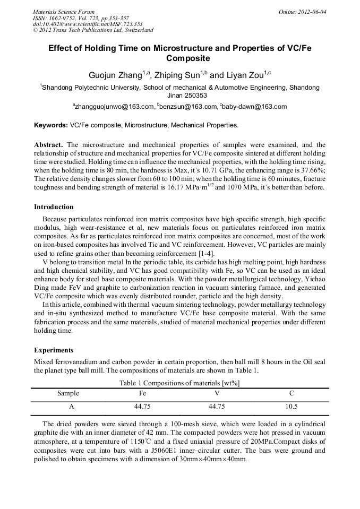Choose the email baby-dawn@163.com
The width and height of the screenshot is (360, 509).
point(253,107)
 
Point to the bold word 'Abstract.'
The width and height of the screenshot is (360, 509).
point(49,145)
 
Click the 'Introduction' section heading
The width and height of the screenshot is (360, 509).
point(54,206)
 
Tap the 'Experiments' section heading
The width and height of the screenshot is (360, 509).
point(54,350)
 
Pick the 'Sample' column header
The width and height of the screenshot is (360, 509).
point(68,393)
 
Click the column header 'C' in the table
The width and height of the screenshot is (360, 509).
point(292,393)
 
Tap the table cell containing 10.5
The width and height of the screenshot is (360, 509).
point(292,407)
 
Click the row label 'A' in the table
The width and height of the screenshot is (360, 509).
point(68,407)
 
